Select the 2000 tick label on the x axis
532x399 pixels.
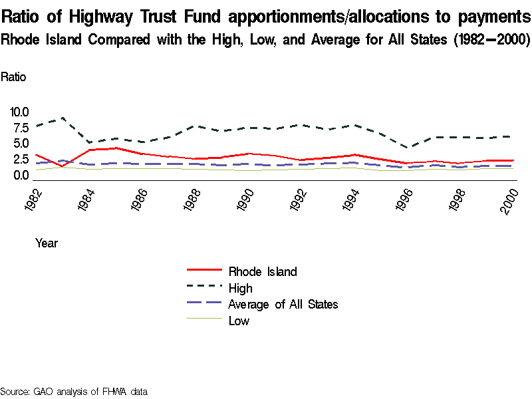510,199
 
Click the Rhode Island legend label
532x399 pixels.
262,271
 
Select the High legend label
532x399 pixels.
240,288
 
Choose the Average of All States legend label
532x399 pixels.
283,305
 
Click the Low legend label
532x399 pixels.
239,321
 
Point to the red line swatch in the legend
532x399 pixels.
203,271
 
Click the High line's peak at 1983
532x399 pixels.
62,118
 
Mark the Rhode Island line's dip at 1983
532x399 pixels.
62,166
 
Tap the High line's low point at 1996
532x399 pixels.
410,148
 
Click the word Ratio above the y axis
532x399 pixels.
13,76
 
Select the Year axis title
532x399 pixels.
47,243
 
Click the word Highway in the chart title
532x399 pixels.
116,16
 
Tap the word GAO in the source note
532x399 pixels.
44,391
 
